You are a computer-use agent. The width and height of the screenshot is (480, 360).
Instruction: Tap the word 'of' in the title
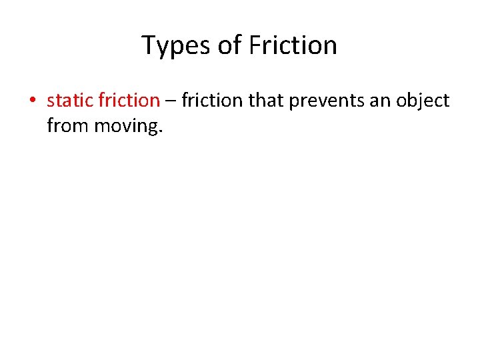[230, 46]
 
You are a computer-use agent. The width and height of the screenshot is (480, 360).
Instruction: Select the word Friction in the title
[293, 46]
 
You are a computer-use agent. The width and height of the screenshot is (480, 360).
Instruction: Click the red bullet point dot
[31, 101]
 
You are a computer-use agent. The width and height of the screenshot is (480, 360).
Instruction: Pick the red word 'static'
[70, 101]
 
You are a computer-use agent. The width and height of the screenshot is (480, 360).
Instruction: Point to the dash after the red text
[171, 101]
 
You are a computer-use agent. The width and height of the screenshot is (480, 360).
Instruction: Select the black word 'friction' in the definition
[212, 101]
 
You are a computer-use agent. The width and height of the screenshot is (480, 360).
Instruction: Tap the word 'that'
[266, 101]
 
